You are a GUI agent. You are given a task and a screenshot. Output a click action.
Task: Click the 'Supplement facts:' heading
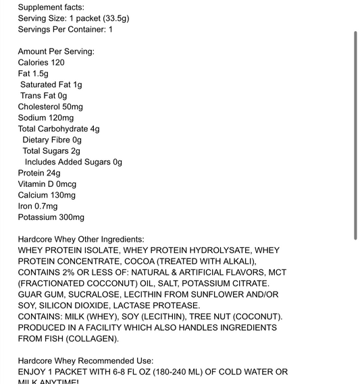pos(51,7)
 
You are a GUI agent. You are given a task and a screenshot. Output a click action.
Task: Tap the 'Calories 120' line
pos(41,62)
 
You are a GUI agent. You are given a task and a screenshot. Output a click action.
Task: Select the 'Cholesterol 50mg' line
pos(50,107)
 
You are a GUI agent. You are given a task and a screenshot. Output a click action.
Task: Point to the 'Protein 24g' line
pos(39,173)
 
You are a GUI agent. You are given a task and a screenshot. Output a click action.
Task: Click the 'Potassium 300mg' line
pos(51,217)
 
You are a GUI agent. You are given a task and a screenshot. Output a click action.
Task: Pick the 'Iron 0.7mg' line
pos(38,206)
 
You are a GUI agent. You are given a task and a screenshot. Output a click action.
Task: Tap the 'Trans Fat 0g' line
pos(43,96)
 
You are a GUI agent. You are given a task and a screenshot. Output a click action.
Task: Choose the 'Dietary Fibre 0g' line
pos(52,140)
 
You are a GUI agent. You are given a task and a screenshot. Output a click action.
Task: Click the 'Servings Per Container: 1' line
pos(66,29)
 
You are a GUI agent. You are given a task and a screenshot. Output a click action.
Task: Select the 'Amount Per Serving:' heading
pos(56,51)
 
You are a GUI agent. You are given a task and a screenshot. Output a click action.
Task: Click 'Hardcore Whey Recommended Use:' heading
pos(86,361)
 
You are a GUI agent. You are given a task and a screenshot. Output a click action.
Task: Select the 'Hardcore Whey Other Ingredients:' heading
pos(81,240)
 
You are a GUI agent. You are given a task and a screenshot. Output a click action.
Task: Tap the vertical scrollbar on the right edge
pos(355,135)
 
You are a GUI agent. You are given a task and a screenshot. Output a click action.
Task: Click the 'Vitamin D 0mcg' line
pos(47,184)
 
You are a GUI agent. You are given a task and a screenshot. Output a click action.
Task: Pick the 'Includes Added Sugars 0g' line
pos(74,162)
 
